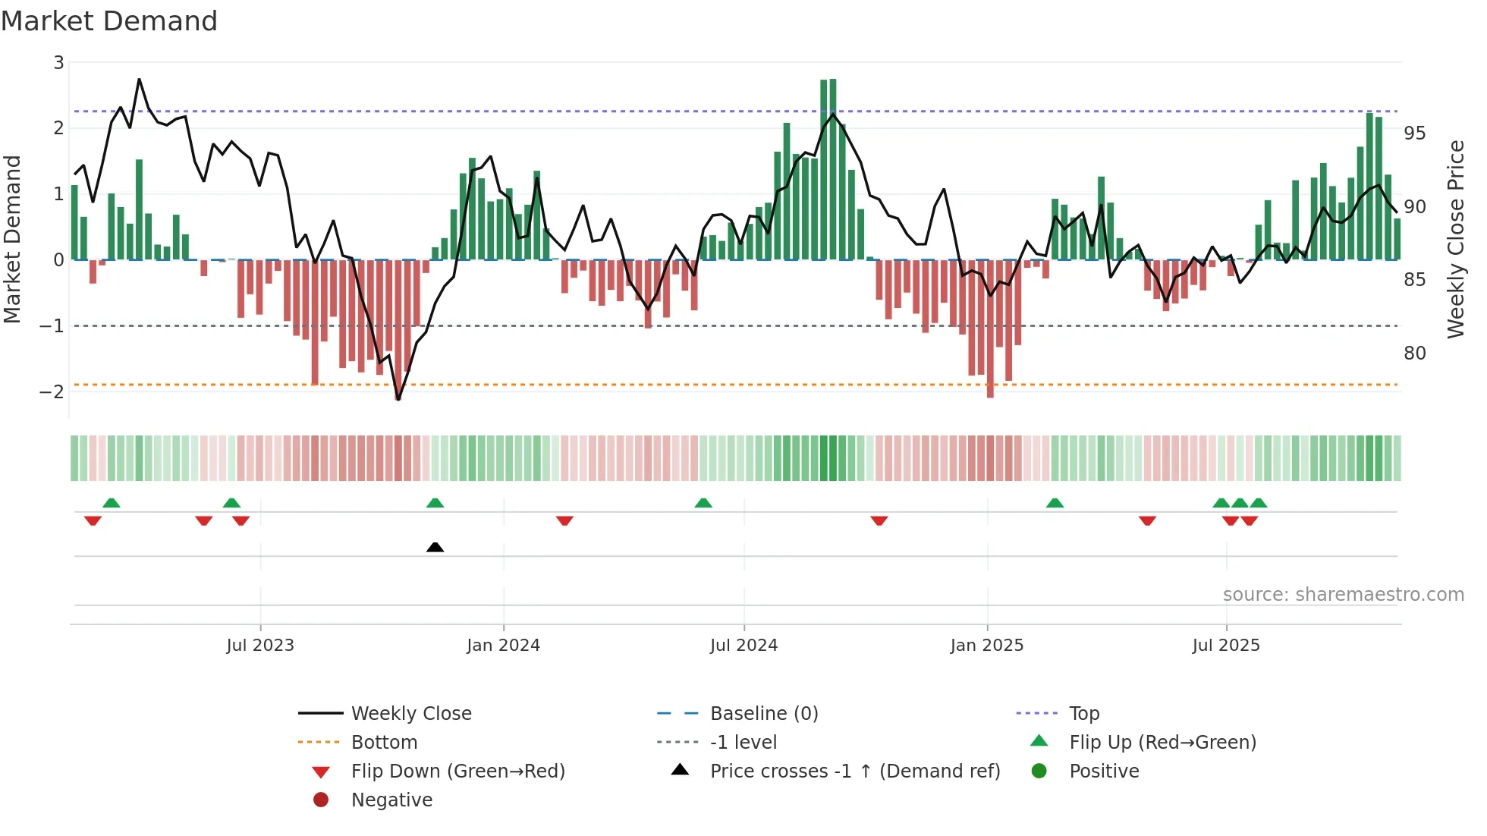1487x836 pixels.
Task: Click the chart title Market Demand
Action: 109,21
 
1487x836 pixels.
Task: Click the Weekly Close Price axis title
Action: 1455,239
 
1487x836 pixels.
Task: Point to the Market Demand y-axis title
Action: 12,239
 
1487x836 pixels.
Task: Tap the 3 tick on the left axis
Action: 58,63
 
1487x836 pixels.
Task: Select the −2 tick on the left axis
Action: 52,392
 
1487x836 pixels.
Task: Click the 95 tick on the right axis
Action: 1414,134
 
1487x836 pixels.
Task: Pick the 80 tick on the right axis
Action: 1414,354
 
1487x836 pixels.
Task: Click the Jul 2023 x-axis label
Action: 260,646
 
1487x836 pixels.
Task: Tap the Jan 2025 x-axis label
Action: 986,646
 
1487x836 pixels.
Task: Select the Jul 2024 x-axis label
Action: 743,646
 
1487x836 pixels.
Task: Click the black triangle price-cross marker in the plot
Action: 435,547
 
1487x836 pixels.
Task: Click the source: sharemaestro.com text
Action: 1343,595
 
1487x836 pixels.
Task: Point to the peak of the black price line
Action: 139,79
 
